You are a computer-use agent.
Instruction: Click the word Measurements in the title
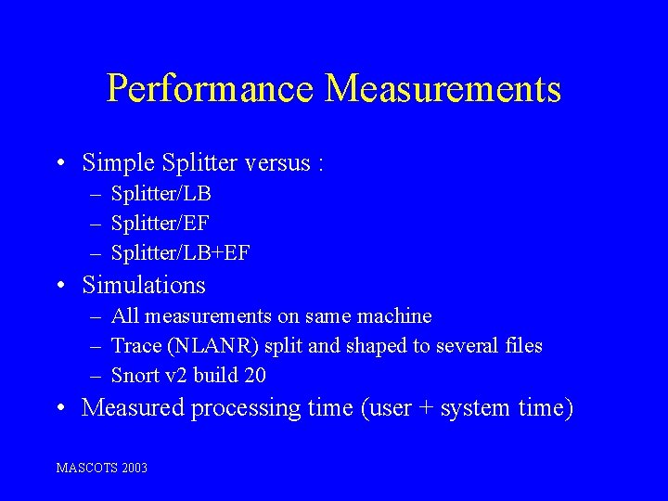point(443,90)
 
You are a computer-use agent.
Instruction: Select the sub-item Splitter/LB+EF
point(180,251)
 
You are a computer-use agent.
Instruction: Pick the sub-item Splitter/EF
point(160,223)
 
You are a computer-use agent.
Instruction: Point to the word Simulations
point(144,285)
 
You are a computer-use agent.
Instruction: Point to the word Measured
point(133,408)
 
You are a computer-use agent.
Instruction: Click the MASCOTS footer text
point(87,469)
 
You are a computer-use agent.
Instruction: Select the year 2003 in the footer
point(134,469)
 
